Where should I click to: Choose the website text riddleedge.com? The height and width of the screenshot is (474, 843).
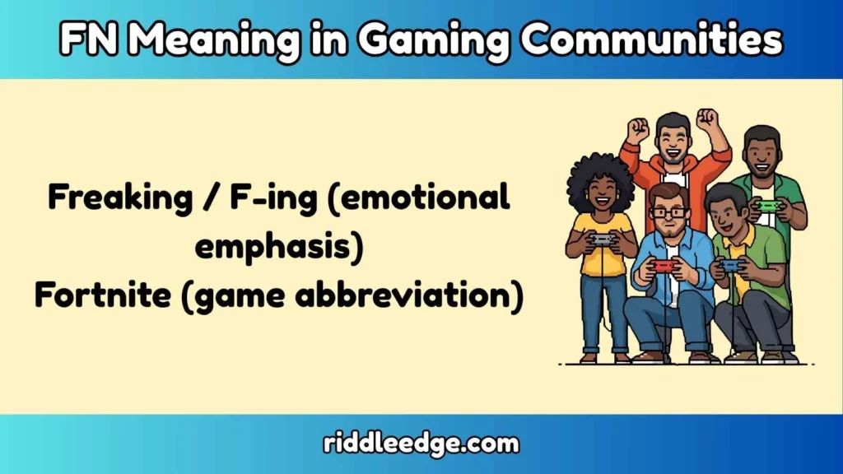(x=421, y=444)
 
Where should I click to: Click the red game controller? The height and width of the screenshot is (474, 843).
(x=663, y=265)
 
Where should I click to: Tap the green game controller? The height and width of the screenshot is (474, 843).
(x=767, y=206)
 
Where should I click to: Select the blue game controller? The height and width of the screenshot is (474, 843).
(x=729, y=265)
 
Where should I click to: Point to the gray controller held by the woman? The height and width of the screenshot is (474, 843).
(x=603, y=239)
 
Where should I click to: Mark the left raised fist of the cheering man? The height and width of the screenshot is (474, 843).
(x=637, y=129)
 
